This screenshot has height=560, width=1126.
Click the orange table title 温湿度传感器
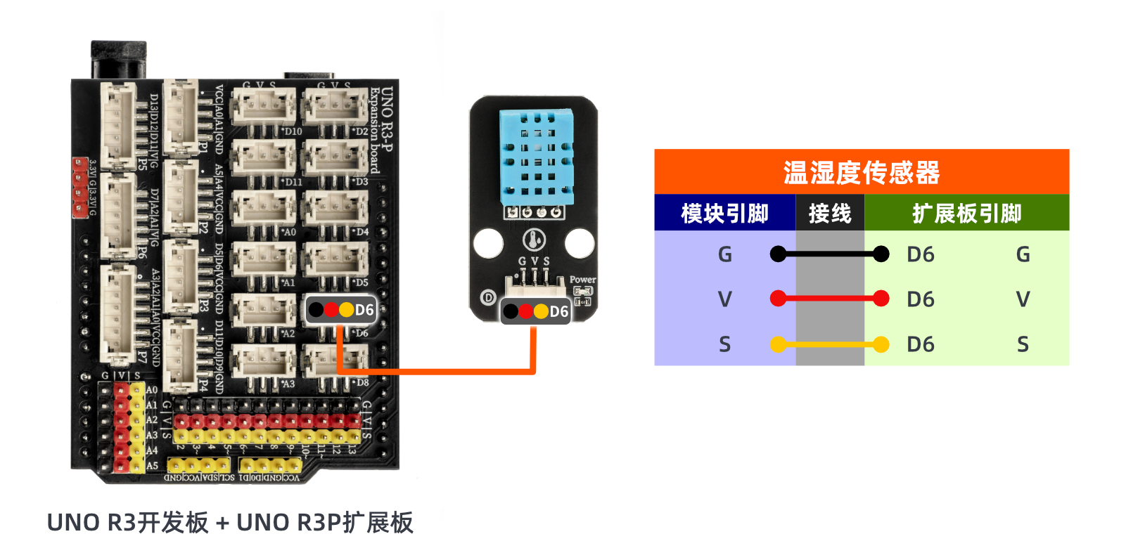(861, 172)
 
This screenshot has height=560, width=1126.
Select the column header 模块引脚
(724, 213)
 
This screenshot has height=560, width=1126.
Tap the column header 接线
(830, 213)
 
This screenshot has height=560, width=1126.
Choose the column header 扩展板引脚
(966, 213)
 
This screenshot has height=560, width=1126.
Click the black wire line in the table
(830, 254)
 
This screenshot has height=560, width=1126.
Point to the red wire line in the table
(830, 299)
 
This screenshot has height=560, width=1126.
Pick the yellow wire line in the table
(830, 344)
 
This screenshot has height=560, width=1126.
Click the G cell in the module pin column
(724, 254)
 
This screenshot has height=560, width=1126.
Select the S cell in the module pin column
(724, 344)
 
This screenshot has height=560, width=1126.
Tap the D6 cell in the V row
(920, 299)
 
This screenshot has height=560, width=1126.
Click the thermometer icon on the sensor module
(535, 240)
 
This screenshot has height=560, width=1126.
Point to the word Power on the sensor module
(582, 280)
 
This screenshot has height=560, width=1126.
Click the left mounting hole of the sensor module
(488, 243)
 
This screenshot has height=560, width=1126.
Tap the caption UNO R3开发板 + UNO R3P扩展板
(230, 523)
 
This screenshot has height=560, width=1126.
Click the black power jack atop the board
(119, 60)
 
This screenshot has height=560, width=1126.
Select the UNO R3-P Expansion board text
(381, 130)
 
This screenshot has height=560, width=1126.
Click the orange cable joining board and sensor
(436, 371)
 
